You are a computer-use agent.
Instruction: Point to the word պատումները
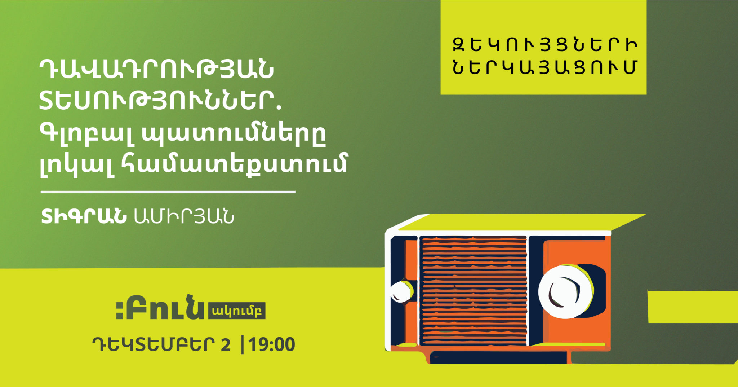click(x=234, y=134)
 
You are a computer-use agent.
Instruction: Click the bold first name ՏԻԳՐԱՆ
click(x=84, y=217)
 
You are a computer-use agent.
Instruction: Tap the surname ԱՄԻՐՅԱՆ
click(x=184, y=217)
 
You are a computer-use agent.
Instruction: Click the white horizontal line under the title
click(x=168, y=192)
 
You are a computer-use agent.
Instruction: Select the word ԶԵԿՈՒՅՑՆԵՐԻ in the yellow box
click(x=544, y=45)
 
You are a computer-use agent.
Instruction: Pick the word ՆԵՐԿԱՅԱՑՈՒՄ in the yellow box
click(x=544, y=67)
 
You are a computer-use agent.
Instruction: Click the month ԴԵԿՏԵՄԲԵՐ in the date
click(x=154, y=345)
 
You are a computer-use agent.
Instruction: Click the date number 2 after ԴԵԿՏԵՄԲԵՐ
click(x=226, y=345)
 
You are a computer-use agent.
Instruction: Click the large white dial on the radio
click(x=565, y=291)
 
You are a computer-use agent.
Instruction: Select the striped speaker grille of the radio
click(x=474, y=291)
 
